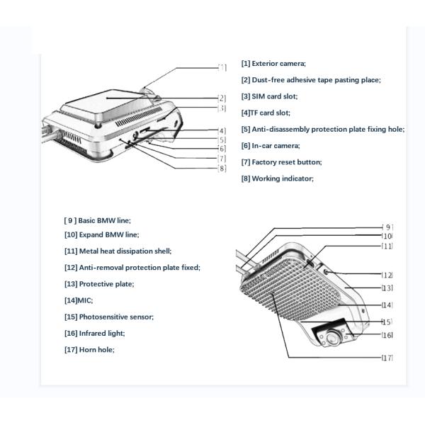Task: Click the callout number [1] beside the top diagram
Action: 222,68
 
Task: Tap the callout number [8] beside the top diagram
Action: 222,168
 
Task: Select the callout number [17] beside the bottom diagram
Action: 387,358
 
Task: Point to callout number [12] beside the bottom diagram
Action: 387,275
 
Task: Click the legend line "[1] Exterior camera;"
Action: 273,64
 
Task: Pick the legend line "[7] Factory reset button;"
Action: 281,162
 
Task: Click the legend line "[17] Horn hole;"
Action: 89,349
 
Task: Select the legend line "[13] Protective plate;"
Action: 98,284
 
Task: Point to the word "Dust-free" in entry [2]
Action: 270,80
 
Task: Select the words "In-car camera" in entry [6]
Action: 277,146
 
